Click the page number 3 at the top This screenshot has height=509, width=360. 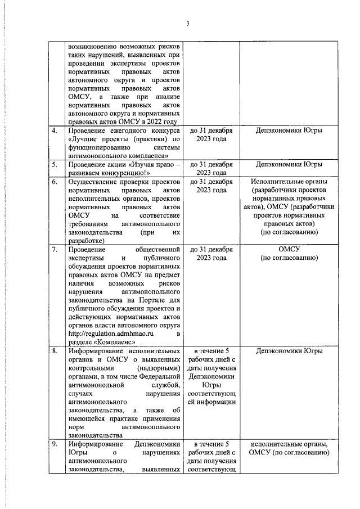188,23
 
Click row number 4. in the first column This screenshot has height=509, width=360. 55,131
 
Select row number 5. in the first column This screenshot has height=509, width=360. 55,165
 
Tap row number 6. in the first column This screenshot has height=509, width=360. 55,183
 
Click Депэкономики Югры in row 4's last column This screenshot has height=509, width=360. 289,131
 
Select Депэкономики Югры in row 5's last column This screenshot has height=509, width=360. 289,165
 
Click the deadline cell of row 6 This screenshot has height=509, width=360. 211,187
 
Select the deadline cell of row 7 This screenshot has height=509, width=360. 211,253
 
